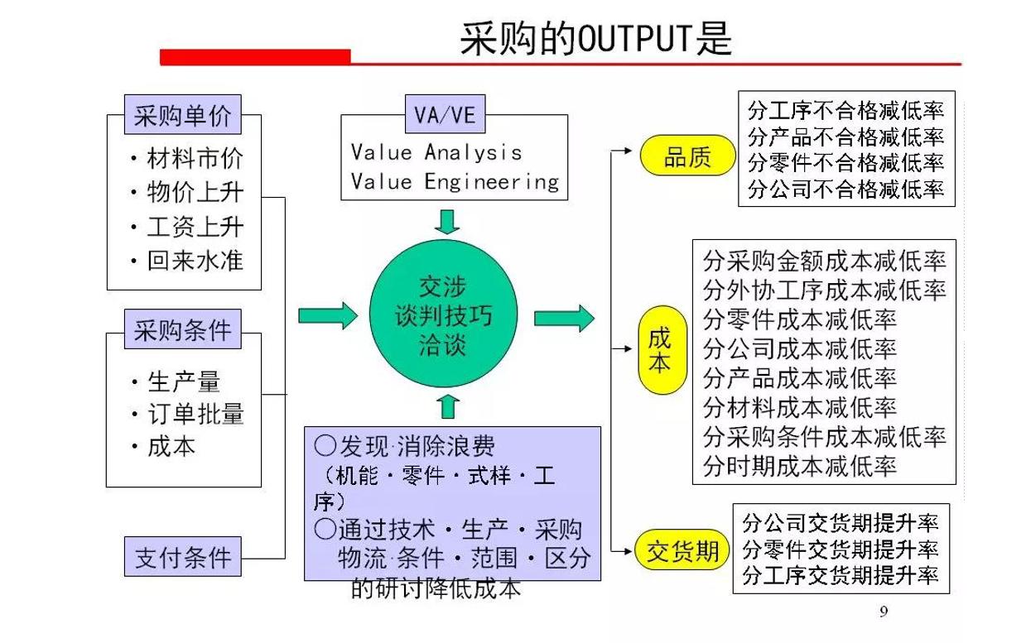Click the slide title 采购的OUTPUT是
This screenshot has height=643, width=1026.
pyautogui.click(x=595, y=37)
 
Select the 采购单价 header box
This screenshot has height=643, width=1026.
pyautogui.click(x=183, y=116)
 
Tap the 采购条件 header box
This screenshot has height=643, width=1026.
pyautogui.click(x=183, y=331)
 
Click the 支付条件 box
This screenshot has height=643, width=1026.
pyautogui.click(x=183, y=557)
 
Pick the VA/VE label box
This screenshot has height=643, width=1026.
pyautogui.click(x=445, y=116)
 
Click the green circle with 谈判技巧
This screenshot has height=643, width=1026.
pyautogui.click(x=443, y=316)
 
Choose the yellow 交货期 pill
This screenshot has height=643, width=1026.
pyautogui.click(x=682, y=550)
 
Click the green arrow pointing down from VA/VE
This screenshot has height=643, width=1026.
pyautogui.click(x=448, y=222)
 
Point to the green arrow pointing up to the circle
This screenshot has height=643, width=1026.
pyautogui.click(x=448, y=406)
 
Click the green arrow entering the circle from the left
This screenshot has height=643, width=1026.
pyautogui.click(x=328, y=315)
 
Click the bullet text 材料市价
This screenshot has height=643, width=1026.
pyautogui.click(x=195, y=158)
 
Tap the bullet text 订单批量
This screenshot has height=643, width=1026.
pyautogui.click(x=195, y=414)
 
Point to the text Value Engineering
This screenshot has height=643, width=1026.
pyautogui.click(x=455, y=181)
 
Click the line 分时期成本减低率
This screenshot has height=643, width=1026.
pyautogui.click(x=800, y=466)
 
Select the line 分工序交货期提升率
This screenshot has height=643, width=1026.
pyautogui.click(x=841, y=575)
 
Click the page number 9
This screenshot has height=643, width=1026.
pyautogui.click(x=883, y=612)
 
